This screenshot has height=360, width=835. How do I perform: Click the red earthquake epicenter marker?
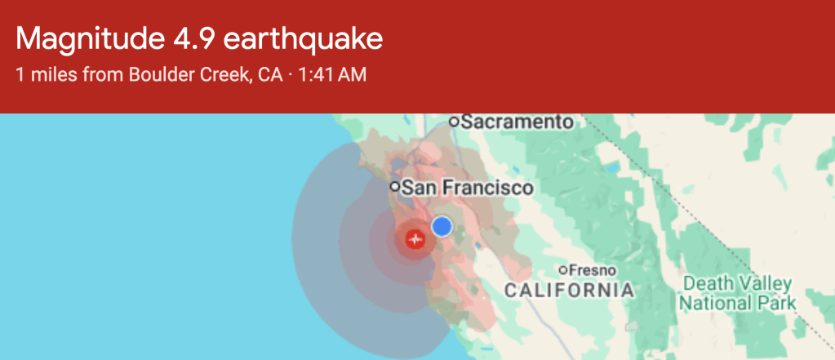tap(417, 239)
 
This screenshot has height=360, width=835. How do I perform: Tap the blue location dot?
tap(442, 226)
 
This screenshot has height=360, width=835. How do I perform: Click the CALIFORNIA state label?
tap(569, 290)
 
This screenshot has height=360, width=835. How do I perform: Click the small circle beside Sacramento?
tap(455, 122)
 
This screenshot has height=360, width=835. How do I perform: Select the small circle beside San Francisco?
tap(395, 188)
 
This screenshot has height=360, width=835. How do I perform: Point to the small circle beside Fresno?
tap(563, 270)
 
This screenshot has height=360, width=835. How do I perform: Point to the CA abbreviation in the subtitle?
tap(270, 75)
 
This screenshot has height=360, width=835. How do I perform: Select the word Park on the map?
tap(778, 304)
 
